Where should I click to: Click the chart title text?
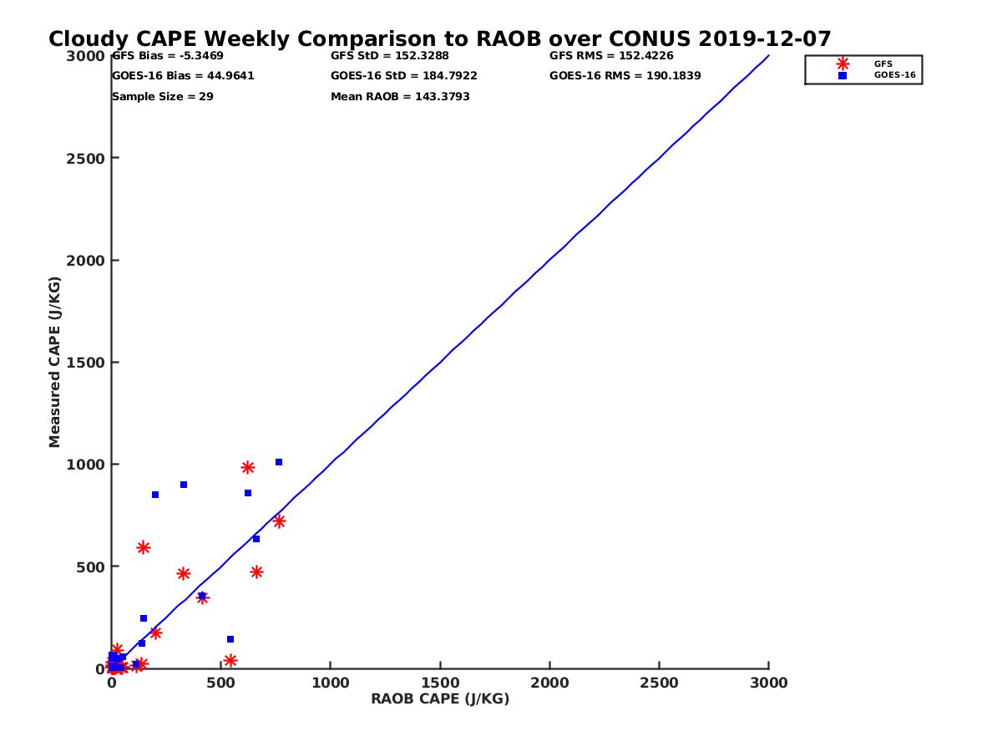[x=439, y=39]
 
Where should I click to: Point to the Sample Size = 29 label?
[x=163, y=97]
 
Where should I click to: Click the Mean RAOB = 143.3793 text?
[x=400, y=97]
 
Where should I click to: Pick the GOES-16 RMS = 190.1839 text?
[x=625, y=76]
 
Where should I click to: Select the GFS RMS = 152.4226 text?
[x=611, y=56]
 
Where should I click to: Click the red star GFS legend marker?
[x=843, y=64]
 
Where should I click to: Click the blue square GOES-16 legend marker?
[x=843, y=76]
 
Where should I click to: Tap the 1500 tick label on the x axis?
[x=440, y=683]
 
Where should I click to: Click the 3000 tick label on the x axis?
[x=769, y=683]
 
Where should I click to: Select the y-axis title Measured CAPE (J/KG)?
[x=55, y=362]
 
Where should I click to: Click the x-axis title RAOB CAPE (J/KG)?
[x=440, y=699]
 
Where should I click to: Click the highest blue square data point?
[x=279, y=462]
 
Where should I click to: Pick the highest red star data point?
[x=248, y=468]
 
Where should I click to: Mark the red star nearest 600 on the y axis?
[x=144, y=548]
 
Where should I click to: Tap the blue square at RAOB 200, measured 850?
[x=155, y=495]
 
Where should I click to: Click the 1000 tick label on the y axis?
[x=83, y=465]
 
